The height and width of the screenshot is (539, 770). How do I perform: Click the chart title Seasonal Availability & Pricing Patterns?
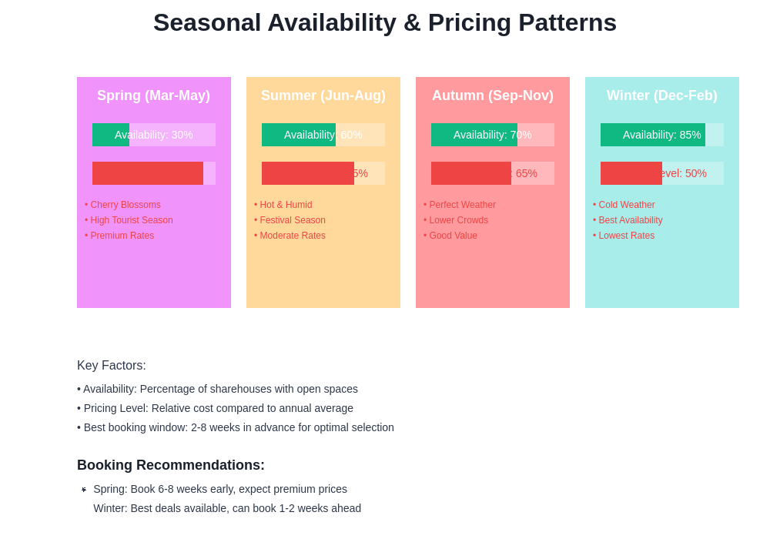pyautogui.click(x=385, y=23)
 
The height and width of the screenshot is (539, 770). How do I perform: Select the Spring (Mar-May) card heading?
pyautogui.click(x=153, y=95)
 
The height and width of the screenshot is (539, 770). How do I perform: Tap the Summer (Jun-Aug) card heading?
pyautogui.click(x=323, y=95)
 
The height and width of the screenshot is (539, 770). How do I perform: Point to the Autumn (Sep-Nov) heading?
pyautogui.click(x=492, y=95)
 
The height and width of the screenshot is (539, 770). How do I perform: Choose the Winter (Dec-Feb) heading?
pyautogui.click(x=661, y=95)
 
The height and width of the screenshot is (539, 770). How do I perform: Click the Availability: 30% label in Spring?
pyautogui.click(x=153, y=135)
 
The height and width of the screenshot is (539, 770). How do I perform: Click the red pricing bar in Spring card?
pyautogui.click(x=148, y=173)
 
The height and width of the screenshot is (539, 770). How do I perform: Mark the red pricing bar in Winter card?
pyautogui.click(x=631, y=173)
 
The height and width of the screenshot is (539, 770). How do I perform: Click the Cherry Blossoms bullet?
pyautogui.click(x=123, y=205)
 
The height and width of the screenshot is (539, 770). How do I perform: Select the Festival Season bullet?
pyautogui.click(x=290, y=220)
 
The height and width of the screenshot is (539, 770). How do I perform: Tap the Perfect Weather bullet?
pyautogui.click(x=460, y=205)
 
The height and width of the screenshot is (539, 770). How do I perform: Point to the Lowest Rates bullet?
pyautogui.click(x=624, y=236)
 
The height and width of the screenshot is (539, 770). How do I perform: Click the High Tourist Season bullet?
pyautogui.click(x=129, y=220)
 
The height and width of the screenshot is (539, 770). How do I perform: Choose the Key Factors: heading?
pyautogui.click(x=112, y=366)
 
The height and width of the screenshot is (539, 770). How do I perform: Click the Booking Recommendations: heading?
pyautogui.click(x=171, y=465)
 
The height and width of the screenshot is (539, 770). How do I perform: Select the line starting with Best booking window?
pyautogui.click(x=236, y=427)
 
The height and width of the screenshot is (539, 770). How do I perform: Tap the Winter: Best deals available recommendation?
pyautogui.click(x=227, y=508)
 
